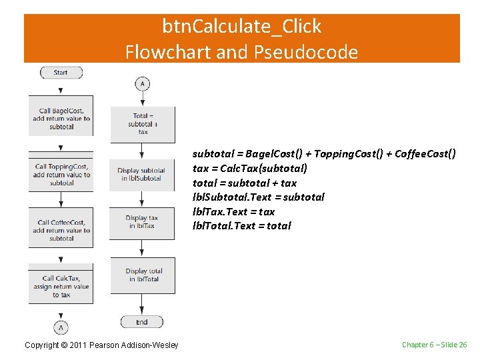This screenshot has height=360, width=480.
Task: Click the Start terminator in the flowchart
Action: pyautogui.click(x=61, y=73)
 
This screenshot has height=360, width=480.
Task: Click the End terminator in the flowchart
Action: pyautogui.click(x=141, y=322)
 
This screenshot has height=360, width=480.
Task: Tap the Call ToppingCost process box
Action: pyautogui.click(x=61, y=174)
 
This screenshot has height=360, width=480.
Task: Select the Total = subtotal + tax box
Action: pyautogui.click(x=143, y=123)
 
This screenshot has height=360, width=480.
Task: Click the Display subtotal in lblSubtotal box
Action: pyautogui.click(x=143, y=174)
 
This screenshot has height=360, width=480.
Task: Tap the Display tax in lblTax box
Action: pyautogui.click(x=143, y=222)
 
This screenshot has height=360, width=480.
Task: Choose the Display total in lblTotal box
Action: pyautogui.click(x=143, y=275)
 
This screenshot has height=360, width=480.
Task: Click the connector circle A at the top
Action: pyautogui.click(x=142, y=84)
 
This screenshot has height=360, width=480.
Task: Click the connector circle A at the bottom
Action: pyautogui.click(x=61, y=327)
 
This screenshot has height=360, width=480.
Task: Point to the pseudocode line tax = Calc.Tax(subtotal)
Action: pyautogui.click(x=250, y=169)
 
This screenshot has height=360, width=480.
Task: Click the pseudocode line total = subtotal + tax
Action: pyautogui.click(x=245, y=183)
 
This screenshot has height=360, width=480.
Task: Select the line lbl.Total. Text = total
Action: pyautogui.click(x=242, y=225)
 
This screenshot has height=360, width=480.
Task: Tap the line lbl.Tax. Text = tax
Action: pyautogui.click(x=233, y=211)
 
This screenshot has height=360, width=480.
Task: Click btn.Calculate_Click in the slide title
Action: pyautogui.click(x=241, y=27)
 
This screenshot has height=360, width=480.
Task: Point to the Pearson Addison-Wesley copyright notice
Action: pyautogui.click(x=101, y=345)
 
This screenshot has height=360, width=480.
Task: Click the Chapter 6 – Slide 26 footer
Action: pyautogui.click(x=434, y=345)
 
